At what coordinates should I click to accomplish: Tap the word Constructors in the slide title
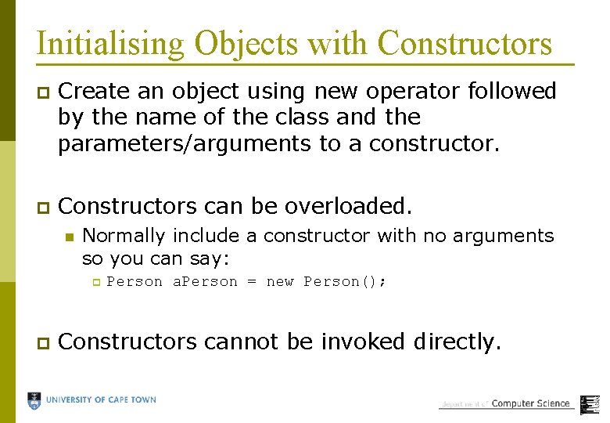coord(465,43)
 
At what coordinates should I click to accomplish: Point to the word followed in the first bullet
coord(511,92)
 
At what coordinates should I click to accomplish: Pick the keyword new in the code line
coord(280,282)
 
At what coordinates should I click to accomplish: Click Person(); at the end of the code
coord(345,282)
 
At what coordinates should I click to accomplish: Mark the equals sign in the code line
coord(252,282)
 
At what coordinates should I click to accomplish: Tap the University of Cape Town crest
coord(34,400)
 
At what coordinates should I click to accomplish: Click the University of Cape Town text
coord(101,400)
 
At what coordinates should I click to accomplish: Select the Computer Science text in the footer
coord(531,403)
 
